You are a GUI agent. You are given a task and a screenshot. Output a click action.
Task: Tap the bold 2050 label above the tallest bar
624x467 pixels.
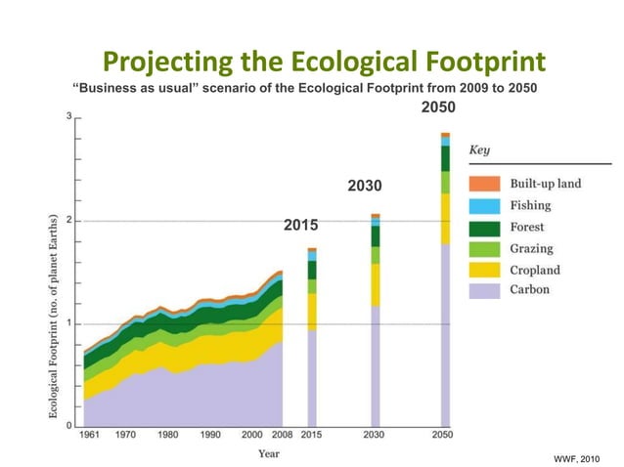437,106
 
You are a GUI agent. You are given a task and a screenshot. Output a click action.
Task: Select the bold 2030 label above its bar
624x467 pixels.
365,186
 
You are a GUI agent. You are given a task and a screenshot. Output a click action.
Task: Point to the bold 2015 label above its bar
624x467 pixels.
300,226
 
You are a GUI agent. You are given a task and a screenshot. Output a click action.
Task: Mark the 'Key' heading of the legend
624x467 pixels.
479,150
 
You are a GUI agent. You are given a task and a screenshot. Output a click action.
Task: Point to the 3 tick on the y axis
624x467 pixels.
68,116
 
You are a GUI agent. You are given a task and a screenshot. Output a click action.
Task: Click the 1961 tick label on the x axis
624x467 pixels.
89,435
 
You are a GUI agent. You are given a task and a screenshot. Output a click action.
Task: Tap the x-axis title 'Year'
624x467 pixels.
269,453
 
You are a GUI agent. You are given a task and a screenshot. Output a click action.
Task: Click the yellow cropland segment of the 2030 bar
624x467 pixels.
376,284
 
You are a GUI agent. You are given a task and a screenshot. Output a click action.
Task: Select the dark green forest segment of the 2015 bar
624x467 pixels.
312,270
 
